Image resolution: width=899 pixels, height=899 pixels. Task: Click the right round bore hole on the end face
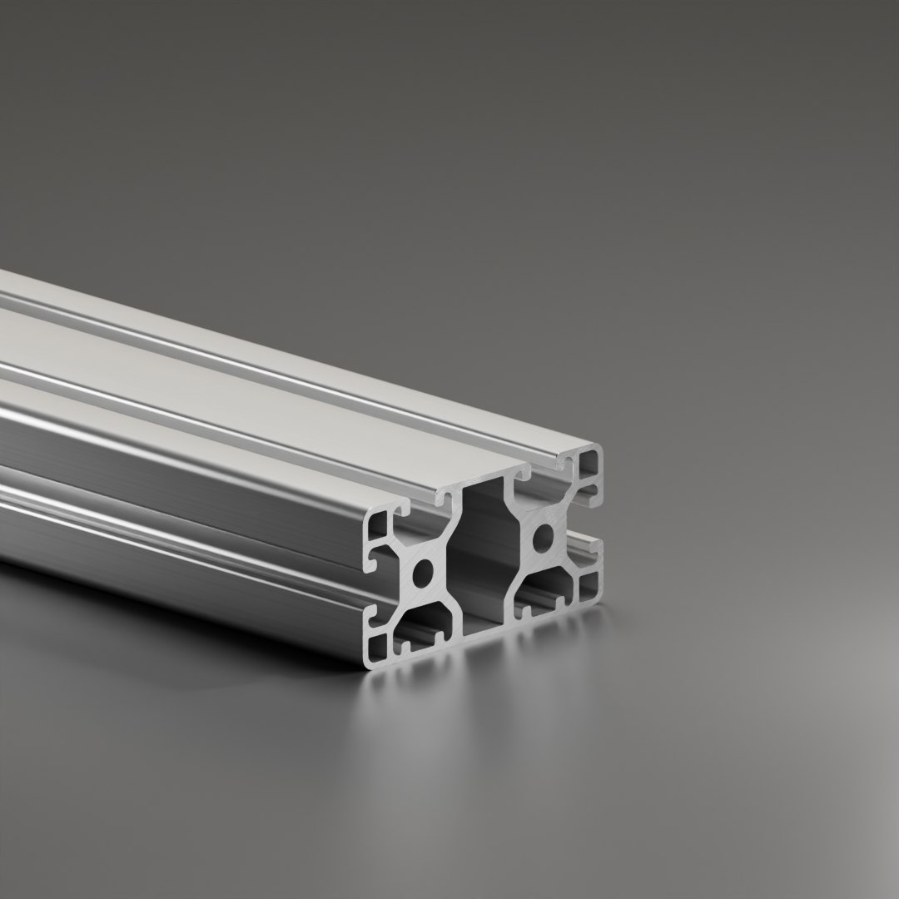[x=544, y=536]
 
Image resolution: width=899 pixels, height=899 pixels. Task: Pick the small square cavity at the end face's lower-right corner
[x=589, y=584]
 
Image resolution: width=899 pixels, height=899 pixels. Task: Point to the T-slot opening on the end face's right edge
[x=593, y=524]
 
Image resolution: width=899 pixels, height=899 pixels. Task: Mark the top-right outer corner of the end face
[x=601, y=447]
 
